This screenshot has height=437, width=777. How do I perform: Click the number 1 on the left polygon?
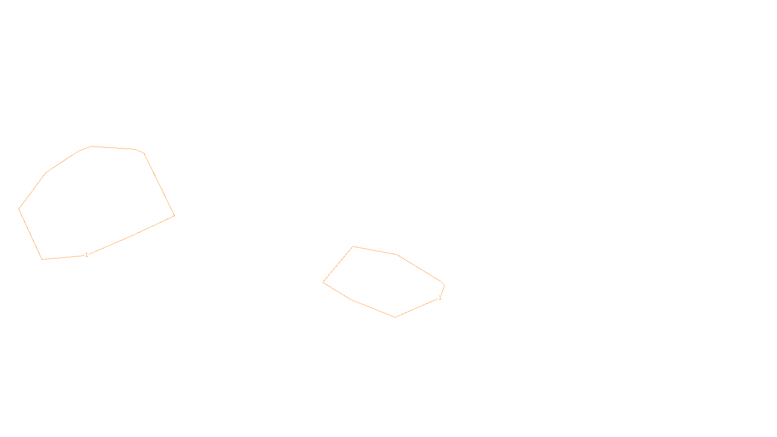click(86, 255)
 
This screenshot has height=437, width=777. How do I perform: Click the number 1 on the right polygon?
click(440, 298)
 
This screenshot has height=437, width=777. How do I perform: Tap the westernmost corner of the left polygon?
click(19, 209)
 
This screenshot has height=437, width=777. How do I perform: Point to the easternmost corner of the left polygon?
click(174, 216)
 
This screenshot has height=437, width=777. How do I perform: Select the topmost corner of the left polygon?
click(92, 146)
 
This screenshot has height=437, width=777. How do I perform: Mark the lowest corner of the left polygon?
click(43, 259)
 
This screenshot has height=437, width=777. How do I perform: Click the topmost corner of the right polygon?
click(353, 247)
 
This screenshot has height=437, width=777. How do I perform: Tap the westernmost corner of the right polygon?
click(323, 282)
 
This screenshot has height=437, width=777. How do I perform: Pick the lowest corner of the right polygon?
click(395, 317)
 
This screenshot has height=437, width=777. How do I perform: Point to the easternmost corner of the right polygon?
click(444, 285)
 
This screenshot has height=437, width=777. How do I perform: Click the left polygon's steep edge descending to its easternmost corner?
click(159, 185)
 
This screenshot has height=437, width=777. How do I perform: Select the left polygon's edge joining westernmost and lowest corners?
click(31, 234)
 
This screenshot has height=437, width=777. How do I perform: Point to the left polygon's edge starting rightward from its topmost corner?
click(114, 148)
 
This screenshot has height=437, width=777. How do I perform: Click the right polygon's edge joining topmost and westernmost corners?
click(338, 265)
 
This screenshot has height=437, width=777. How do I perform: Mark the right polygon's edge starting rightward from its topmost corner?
click(375, 251)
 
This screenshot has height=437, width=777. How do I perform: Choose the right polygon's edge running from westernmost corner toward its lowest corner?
click(337, 291)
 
